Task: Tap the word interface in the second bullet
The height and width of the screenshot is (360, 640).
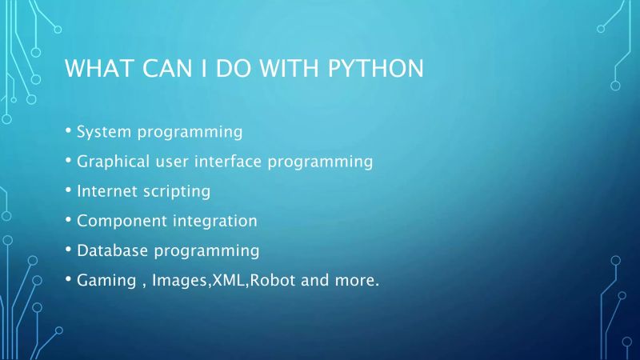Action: pos(226,162)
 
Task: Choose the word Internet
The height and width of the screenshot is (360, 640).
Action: pos(107,191)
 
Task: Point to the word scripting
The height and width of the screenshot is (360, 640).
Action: pos(177,192)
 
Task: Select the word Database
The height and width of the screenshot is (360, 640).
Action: pos(113,250)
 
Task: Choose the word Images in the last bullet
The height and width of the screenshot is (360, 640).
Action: pos(179,282)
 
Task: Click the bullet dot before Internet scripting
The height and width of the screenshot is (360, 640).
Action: pos(68,190)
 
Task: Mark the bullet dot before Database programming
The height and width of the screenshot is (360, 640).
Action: pos(68,249)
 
